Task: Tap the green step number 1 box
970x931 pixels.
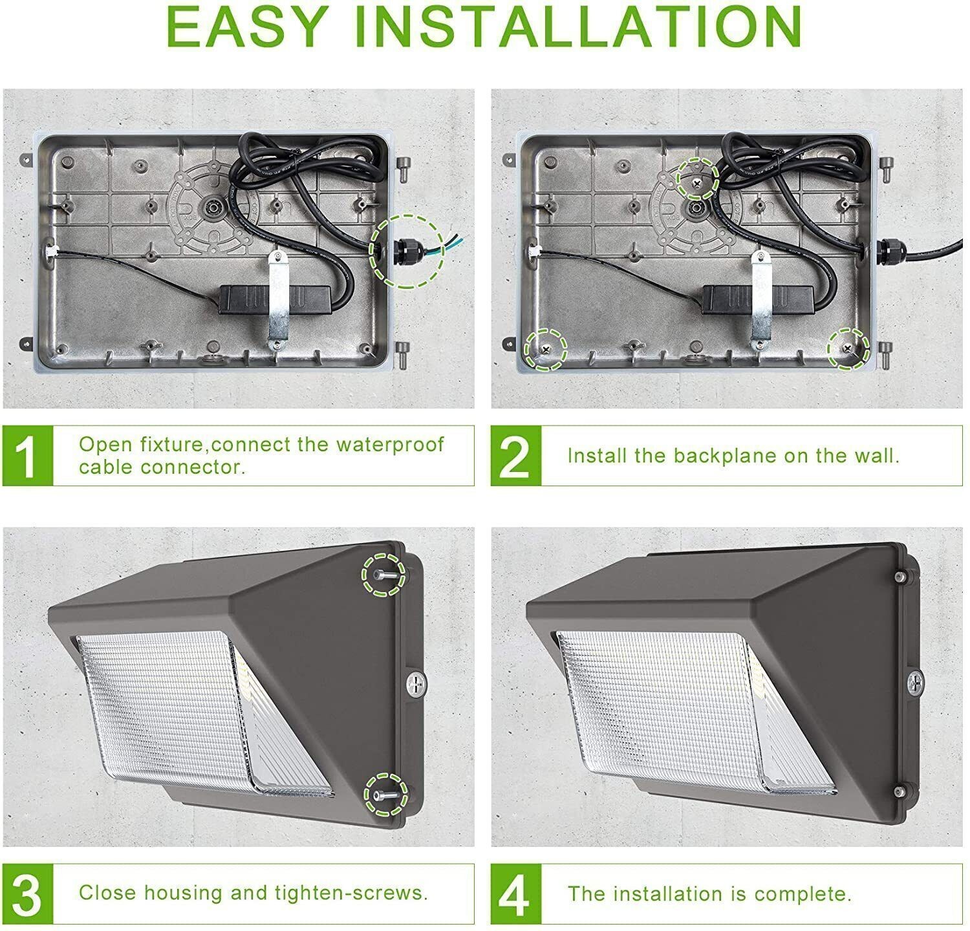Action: point(27,456)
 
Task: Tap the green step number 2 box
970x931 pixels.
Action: point(515,456)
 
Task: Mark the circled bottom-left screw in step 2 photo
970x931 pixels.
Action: point(545,349)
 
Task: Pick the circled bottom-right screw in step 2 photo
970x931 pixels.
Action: point(848,348)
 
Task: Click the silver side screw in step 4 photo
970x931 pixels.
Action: point(914,680)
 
